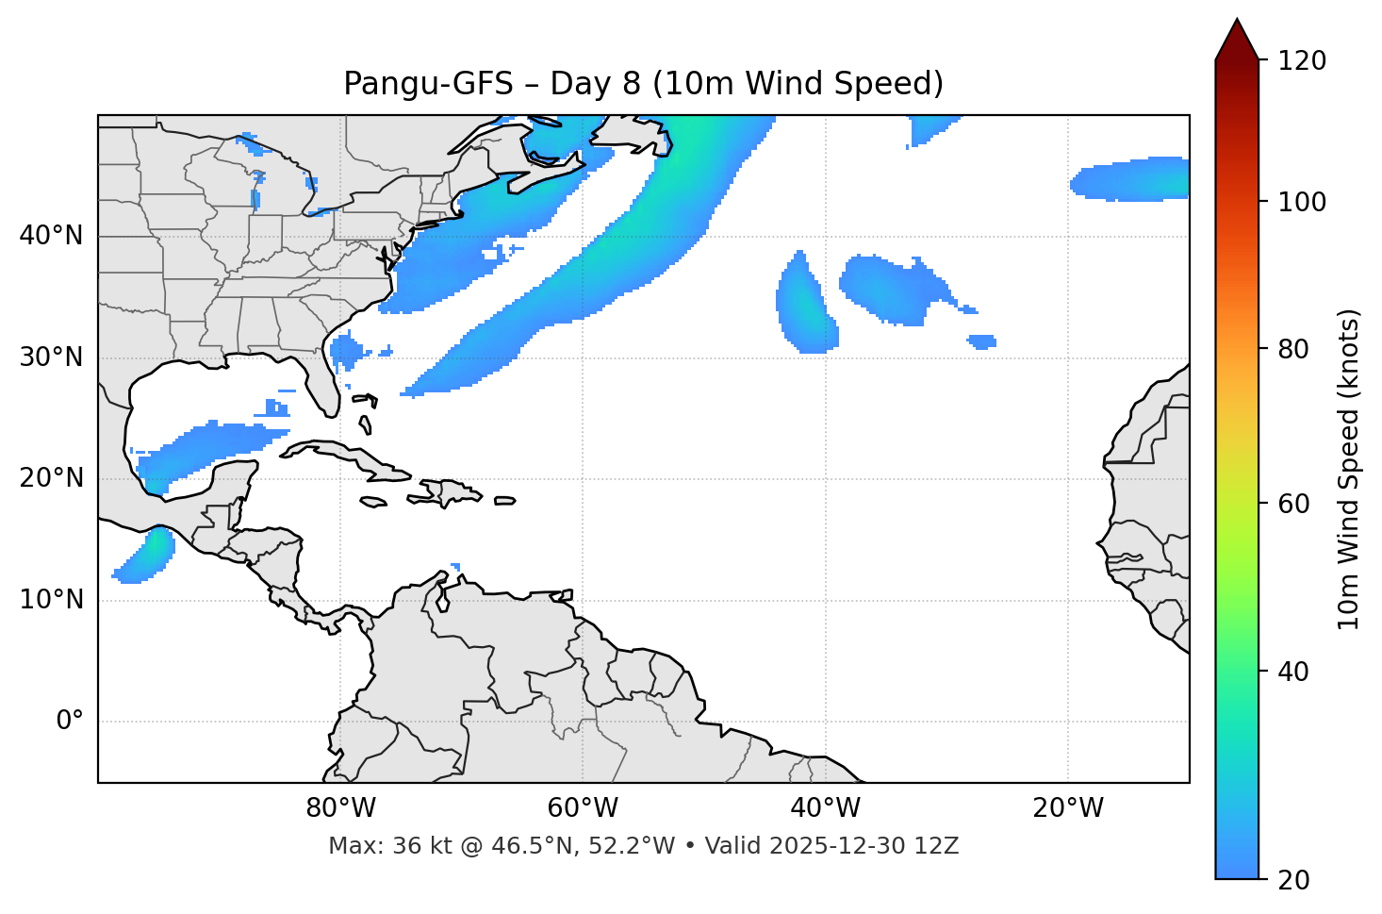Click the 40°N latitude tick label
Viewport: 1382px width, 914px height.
click(x=51, y=236)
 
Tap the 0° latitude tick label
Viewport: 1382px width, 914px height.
click(x=69, y=722)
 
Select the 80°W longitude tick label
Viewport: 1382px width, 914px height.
click(x=340, y=808)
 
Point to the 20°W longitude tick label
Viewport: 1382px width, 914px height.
click(x=1068, y=808)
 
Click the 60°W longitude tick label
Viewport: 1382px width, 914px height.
click(x=583, y=808)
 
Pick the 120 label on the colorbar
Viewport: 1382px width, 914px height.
click(x=1302, y=61)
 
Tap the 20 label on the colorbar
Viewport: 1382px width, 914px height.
click(x=1294, y=880)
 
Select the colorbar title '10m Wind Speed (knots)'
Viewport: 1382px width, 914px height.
click(x=1349, y=469)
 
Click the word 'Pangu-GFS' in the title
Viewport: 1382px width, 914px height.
click(x=428, y=84)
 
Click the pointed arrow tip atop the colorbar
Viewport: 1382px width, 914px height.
click(x=1237, y=36)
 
